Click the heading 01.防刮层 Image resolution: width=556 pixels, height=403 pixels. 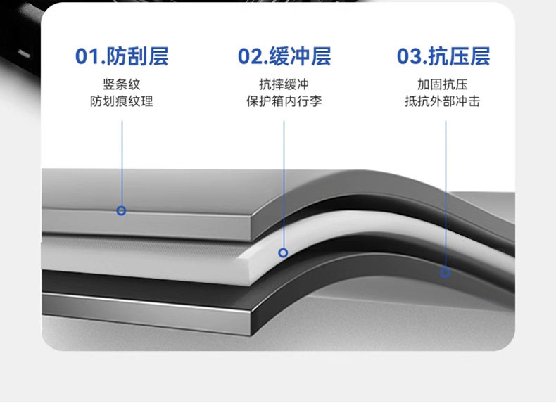point(122,56)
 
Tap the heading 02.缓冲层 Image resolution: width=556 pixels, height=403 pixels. point(284,56)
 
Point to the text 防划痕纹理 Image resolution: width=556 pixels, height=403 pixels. point(122,101)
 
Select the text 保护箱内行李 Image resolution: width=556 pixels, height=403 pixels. point(284,101)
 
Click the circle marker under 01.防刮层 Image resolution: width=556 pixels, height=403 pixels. point(122,210)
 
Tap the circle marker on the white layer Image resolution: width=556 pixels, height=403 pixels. point(284,252)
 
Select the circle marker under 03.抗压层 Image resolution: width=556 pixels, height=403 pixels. point(445,272)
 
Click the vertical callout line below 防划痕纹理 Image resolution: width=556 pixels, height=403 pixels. point(122,162)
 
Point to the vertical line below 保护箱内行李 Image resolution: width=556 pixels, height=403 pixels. point(284,183)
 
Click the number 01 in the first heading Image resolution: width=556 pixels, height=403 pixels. point(86,56)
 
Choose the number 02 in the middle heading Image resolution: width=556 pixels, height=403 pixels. point(248,56)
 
